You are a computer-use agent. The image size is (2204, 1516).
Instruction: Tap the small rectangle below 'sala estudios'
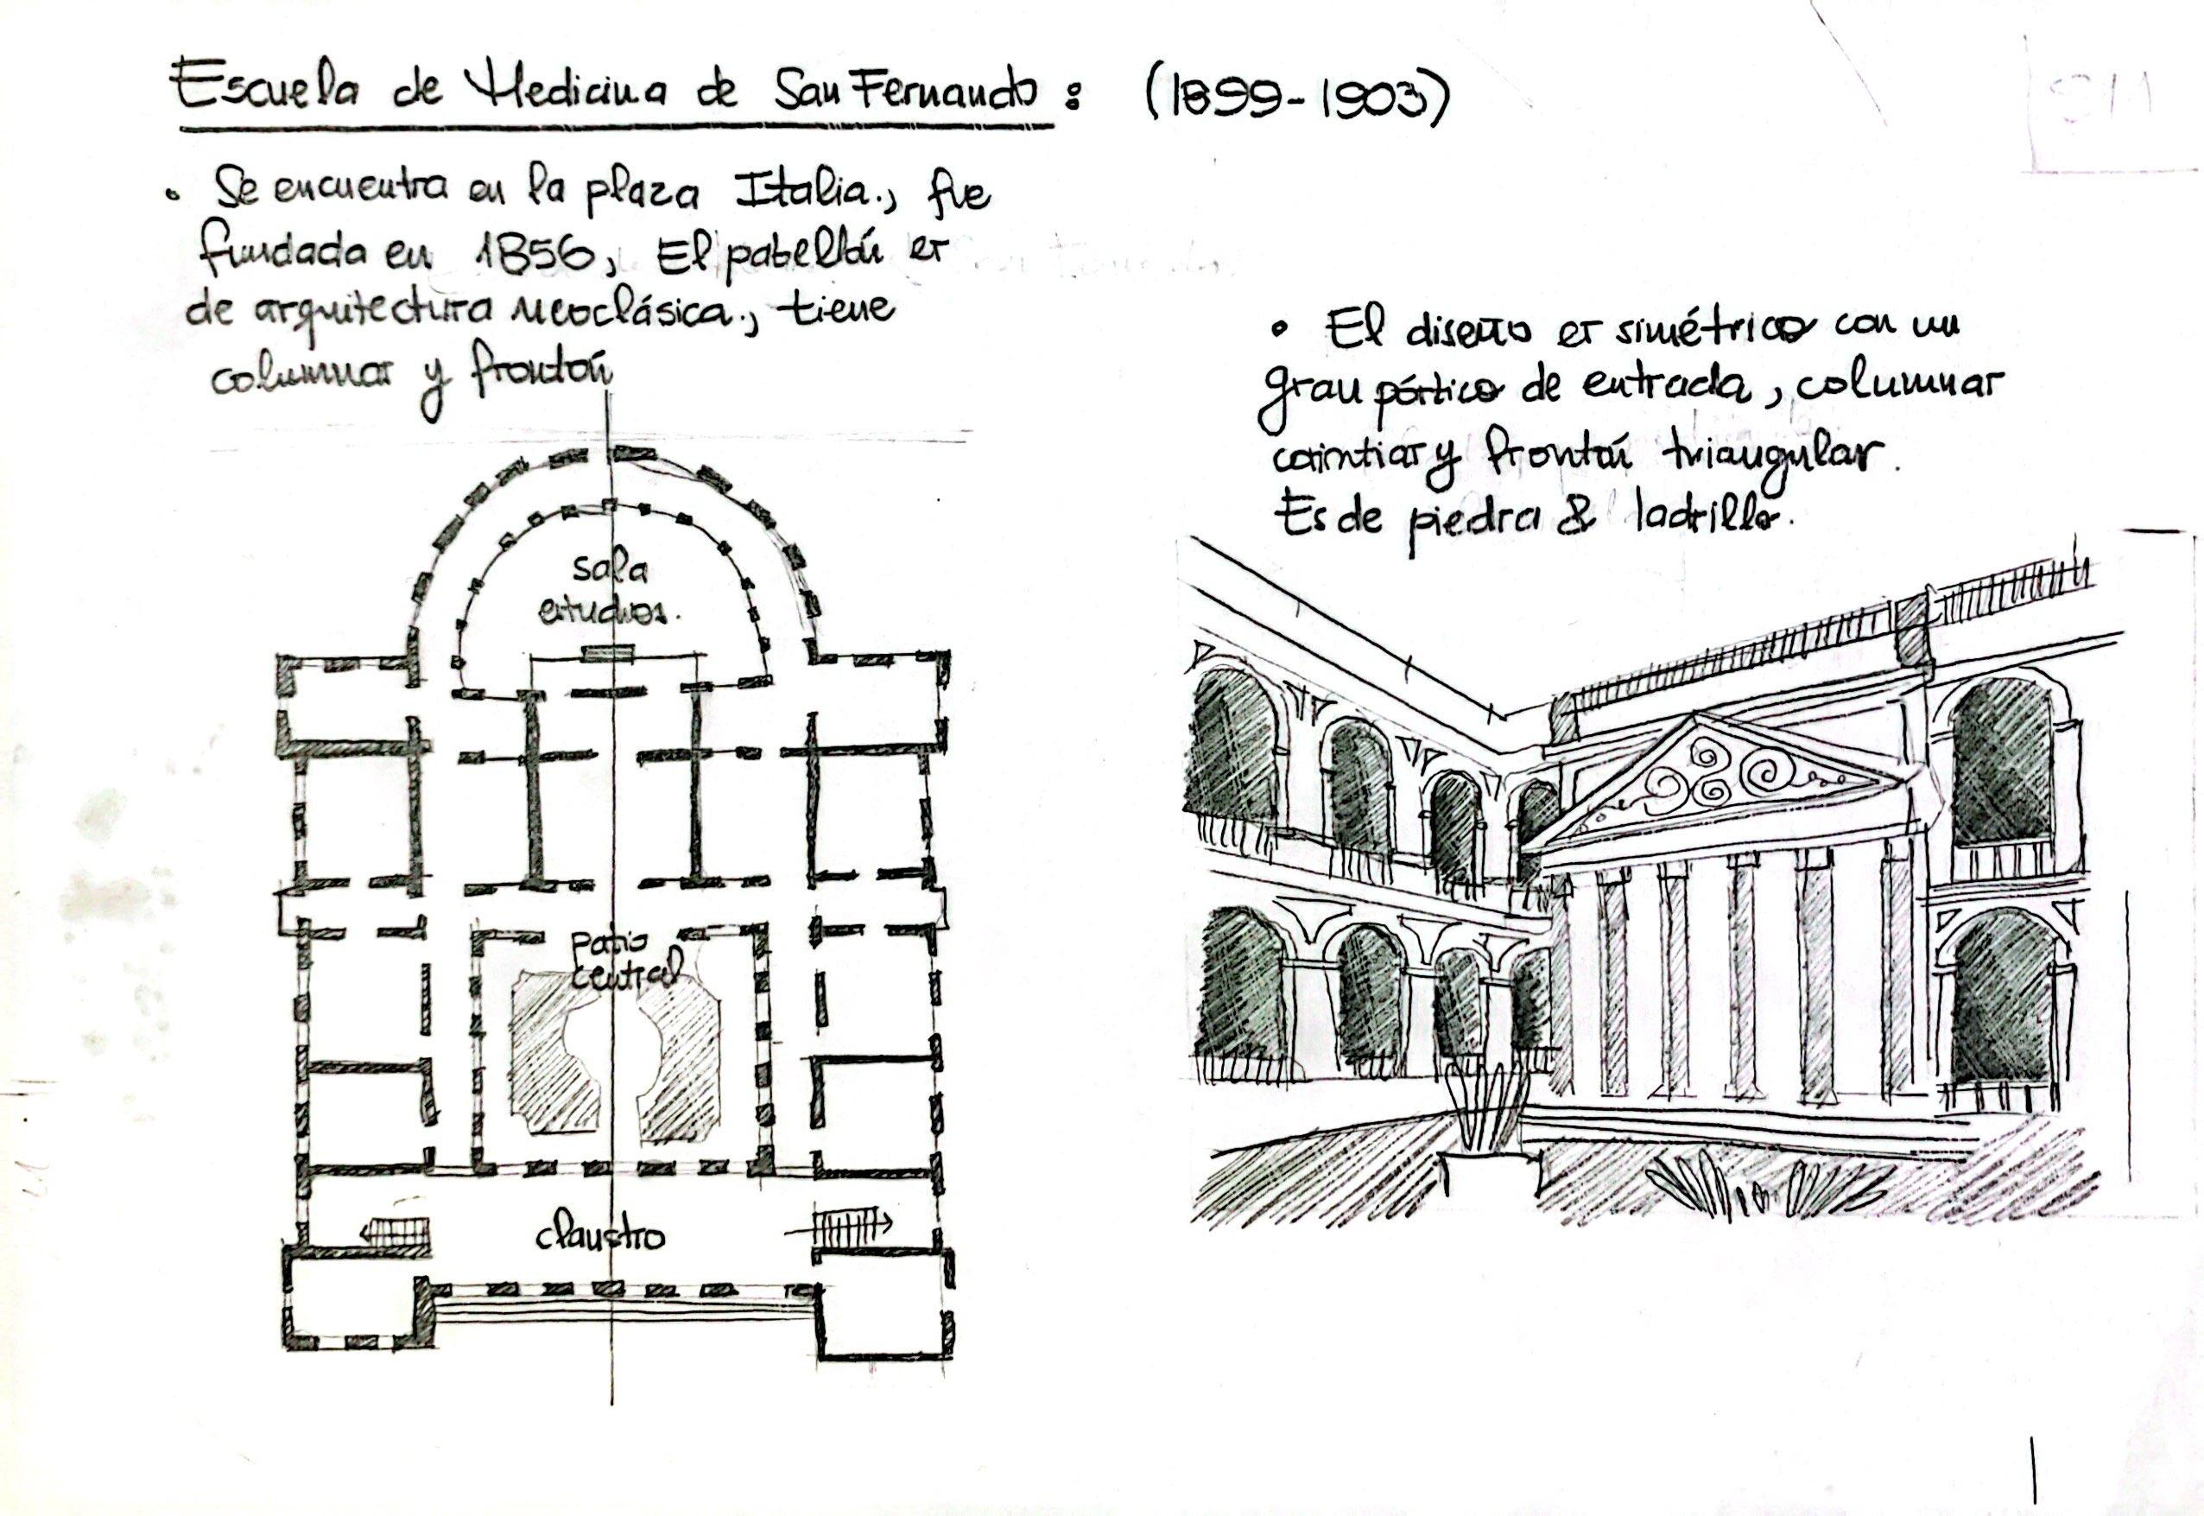(x=607, y=652)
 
